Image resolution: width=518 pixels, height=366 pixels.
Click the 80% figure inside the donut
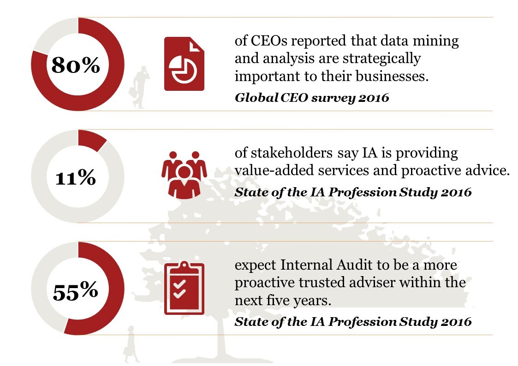click(76, 65)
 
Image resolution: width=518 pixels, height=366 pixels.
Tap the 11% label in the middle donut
click(76, 178)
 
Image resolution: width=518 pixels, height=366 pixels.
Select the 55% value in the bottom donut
click(76, 290)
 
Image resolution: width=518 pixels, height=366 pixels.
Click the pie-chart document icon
click(184, 64)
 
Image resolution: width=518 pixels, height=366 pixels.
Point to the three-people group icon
click(184, 174)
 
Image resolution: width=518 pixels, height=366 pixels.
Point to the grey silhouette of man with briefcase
click(140, 88)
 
